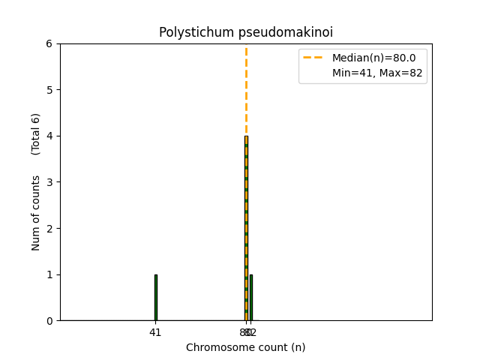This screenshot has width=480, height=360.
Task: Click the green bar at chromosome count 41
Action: pos(155,298)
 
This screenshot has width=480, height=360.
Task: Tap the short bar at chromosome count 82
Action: pos(251,298)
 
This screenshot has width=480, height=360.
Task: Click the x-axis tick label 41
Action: pos(155,332)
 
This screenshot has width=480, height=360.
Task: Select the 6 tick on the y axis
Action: pos(49,43)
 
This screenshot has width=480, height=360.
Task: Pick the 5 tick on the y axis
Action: pos(49,90)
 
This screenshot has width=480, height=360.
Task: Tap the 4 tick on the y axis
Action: pos(49,136)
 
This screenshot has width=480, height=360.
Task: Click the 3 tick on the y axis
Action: pos(49,182)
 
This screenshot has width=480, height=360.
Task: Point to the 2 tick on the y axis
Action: pos(49,228)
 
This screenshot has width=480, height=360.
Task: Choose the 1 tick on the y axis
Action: pos(49,274)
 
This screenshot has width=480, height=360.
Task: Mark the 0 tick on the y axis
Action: pos(49,320)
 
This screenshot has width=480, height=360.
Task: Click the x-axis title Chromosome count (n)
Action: pos(246,347)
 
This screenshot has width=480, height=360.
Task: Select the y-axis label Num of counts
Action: pos(36,213)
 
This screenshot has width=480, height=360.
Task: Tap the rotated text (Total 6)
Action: pos(36,134)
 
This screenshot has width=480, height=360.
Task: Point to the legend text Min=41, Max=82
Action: pos(379,73)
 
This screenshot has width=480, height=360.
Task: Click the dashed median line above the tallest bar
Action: pos(246,90)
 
